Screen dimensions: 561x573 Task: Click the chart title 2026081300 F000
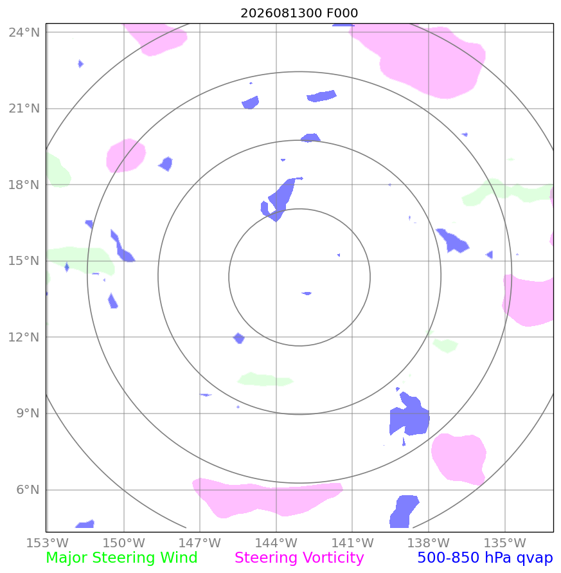click(299, 13)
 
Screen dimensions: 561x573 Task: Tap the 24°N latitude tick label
click(24, 33)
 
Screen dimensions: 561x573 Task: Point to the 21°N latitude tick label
click(24, 109)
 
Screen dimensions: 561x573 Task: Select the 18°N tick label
click(24, 185)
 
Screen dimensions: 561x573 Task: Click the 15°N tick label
click(24, 261)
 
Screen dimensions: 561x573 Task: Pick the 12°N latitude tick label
click(24, 337)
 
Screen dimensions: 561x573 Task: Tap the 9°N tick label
click(28, 414)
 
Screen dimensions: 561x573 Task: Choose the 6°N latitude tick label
click(28, 489)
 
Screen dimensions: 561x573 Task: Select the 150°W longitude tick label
click(124, 543)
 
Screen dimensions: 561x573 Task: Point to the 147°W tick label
click(200, 543)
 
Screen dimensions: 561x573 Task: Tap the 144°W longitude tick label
click(276, 543)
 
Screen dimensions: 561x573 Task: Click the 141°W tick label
click(352, 543)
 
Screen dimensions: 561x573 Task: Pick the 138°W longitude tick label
click(429, 543)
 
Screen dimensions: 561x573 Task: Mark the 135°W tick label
click(504, 543)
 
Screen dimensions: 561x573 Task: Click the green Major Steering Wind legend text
click(121, 558)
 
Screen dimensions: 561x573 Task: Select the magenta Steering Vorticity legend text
click(299, 558)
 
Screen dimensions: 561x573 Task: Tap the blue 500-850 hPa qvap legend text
click(485, 558)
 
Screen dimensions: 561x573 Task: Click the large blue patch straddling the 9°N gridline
click(410, 419)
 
